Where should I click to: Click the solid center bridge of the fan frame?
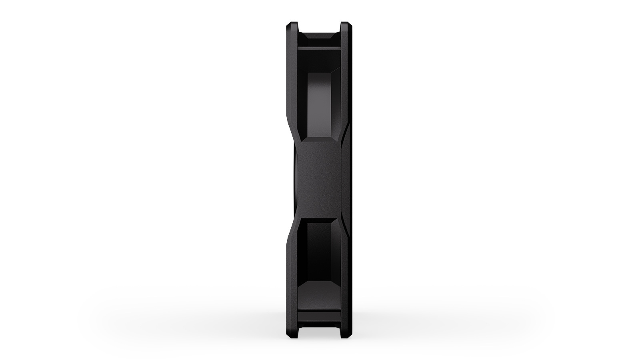pos(318,180)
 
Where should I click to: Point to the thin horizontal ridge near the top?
pos(319,48)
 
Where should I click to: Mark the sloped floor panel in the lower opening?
pos(319,290)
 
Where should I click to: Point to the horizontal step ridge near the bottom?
pos(319,310)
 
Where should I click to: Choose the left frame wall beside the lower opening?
pos(293,272)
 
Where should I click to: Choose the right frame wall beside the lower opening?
pos(345,272)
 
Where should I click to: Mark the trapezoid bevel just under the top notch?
pos(319,38)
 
